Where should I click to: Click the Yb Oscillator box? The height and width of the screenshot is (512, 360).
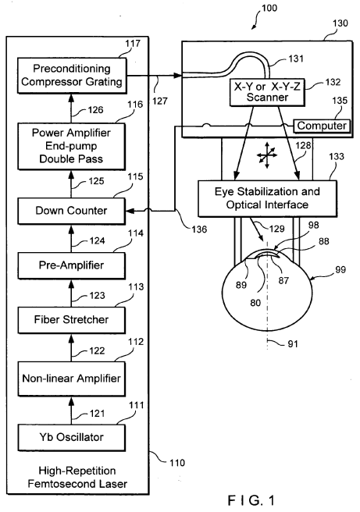(72, 438)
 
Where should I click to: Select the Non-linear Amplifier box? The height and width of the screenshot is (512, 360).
(72, 379)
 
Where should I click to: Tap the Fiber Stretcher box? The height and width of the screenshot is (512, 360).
(72, 320)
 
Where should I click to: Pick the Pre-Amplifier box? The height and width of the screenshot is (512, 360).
(72, 265)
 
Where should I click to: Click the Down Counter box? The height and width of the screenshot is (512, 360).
(72, 211)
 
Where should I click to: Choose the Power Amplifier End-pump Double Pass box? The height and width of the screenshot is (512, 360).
(72, 146)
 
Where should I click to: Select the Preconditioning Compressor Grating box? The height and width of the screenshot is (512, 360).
(72, 76)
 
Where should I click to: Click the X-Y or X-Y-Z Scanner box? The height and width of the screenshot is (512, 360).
(267, 92)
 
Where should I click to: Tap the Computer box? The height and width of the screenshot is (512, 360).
(322, 126)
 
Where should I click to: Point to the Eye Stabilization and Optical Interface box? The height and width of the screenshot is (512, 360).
(268, 198)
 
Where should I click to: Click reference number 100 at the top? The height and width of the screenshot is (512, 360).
(269, 8)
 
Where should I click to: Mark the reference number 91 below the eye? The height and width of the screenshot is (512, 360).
(293, 344)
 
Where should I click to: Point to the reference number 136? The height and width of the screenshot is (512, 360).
(199, 229)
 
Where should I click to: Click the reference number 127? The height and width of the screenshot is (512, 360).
(160, 101)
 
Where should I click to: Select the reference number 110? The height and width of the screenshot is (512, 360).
(177, 463)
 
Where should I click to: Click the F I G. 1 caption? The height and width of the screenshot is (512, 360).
(251, 500)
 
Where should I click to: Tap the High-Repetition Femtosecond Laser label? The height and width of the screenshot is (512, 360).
(77, 477)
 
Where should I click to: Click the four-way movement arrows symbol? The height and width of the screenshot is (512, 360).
(267, 155)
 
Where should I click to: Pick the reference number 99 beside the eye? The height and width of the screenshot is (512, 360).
(340, 270)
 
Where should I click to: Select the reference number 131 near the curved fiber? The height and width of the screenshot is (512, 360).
(296, 59)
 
